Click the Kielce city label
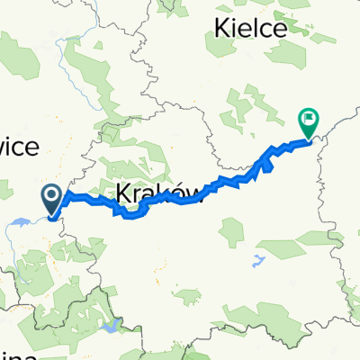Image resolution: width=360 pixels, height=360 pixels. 251,29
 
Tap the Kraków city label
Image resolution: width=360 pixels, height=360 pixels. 149,192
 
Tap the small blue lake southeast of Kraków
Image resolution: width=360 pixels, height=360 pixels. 260,261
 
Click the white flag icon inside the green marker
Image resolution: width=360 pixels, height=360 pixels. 309,116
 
